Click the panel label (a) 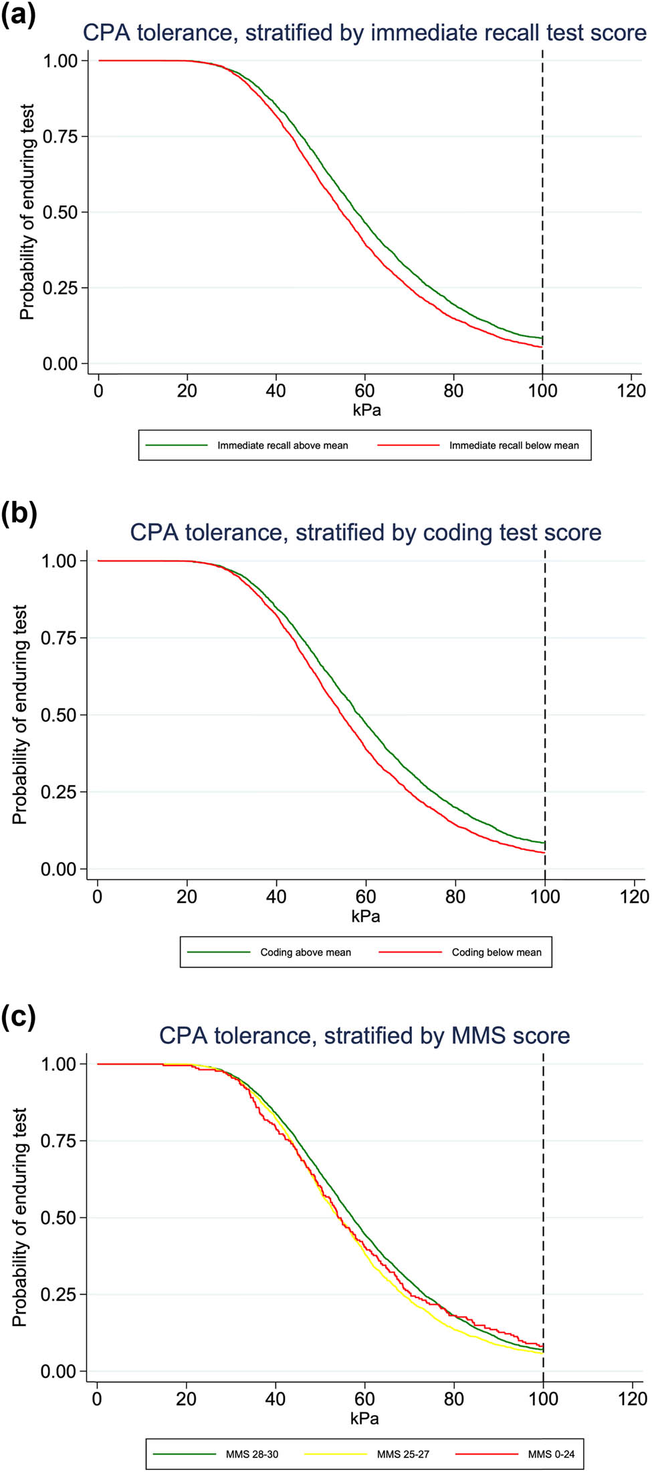[x=18, y=14]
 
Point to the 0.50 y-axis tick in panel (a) [x=60, y=213]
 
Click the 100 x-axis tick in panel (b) [x=545, y=897]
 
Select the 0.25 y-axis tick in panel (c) [x=59, y=1294]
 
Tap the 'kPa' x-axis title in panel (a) [x=366, y=410]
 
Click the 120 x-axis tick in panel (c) [x=633, y=1398]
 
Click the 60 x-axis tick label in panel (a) [x=365, y=391]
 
